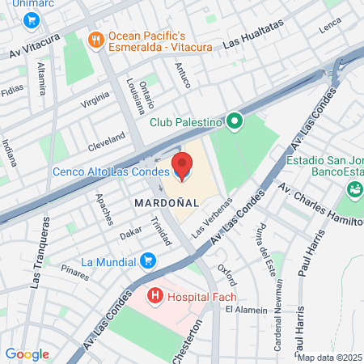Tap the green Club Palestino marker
235,122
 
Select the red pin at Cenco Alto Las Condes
182,166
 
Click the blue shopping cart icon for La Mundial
147,261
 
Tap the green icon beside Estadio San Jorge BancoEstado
353,191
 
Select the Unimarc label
23,4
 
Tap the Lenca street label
331,27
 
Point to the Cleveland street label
107,142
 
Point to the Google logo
27,353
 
